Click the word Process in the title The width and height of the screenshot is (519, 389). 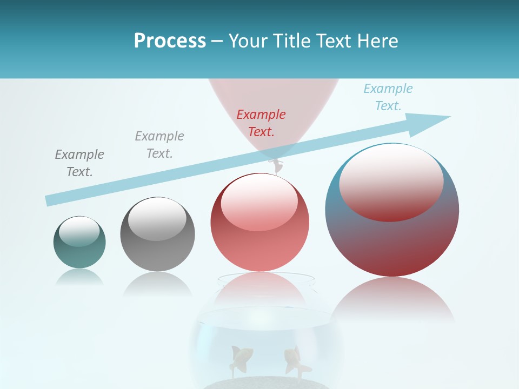170,41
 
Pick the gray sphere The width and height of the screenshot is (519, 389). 157,234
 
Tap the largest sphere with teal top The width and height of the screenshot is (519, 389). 392,210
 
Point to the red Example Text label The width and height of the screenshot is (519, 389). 261,123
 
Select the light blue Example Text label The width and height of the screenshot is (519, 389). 388,97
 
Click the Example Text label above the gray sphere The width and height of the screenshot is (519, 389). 159,144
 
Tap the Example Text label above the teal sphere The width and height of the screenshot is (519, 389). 79,163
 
